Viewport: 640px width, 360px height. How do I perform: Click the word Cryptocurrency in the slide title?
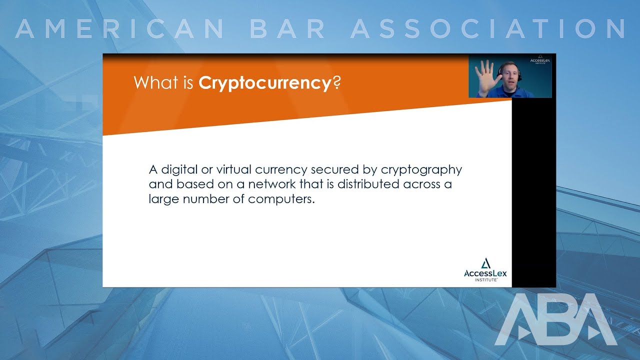click(265, 83)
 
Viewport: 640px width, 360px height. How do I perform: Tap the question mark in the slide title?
click(336, 82)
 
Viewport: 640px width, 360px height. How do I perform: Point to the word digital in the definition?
click(178, 170)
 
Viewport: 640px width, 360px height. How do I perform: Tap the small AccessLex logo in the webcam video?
click(540, 61)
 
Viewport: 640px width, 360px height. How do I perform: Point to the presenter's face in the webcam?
click(507, 75)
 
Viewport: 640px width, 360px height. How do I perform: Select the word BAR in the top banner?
click(288, 29)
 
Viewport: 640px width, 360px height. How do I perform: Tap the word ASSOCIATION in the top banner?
click(487, 29)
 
